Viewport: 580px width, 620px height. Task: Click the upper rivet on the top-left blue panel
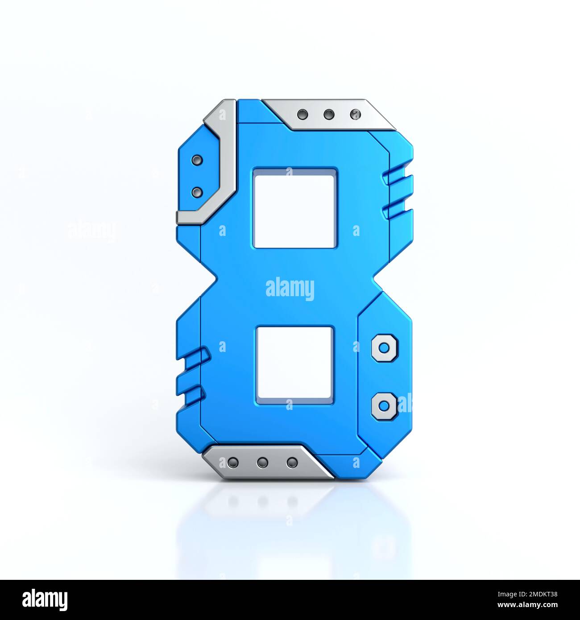tap(196, 160)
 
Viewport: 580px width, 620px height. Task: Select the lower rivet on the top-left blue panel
tap(196, 192)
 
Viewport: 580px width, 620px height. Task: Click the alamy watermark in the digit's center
tap(290, 289)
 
